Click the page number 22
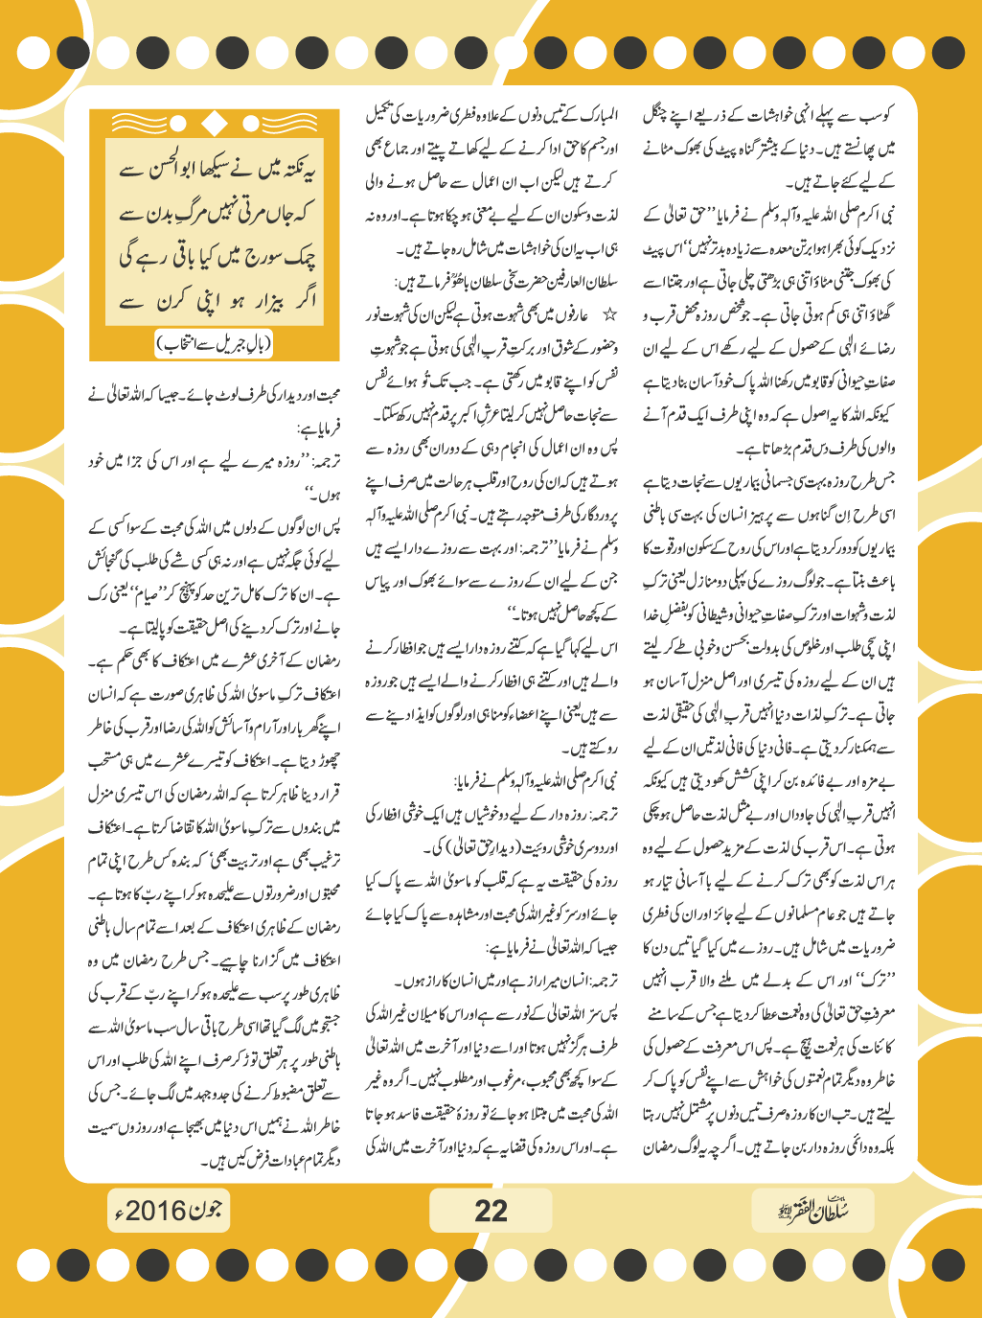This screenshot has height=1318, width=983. pyautogui.click(x=491, y=1211)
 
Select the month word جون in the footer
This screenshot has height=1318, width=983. pyautogui.click(x=206, y=1210)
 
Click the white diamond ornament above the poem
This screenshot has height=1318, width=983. pyautogui.click(x=215, y=123)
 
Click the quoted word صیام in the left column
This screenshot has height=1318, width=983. pyautogui.click(x=139, y=593)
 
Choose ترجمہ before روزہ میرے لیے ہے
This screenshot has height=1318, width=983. pyautogui.click(x=322, y=462)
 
